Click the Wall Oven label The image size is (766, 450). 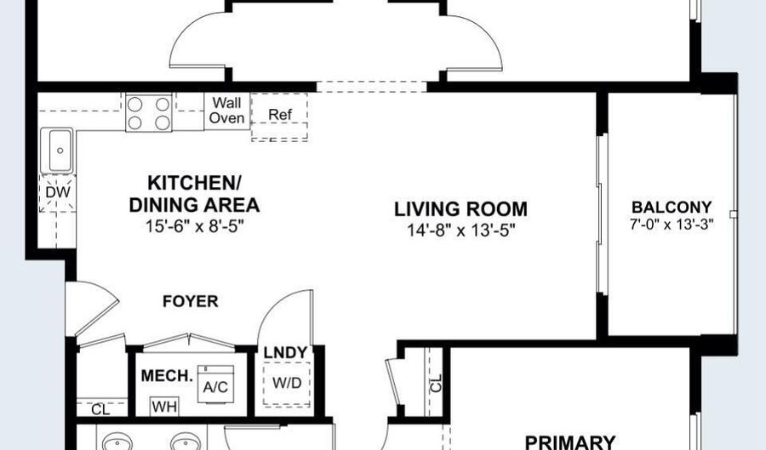(x=226, y=111)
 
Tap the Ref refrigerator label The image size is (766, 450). (x=280, y=115)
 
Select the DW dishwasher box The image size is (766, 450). (x=58, y=192)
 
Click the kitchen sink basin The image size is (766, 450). (x=57, y=151)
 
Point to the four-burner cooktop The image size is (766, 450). (x=149, y=113)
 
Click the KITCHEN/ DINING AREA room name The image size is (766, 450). (x=194, y=194)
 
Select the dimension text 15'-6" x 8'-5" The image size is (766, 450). (x=194, y=226)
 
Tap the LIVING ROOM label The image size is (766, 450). (x=460, y=209)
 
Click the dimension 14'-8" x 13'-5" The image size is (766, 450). (x=461, y=230)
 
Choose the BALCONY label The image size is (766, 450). (x=672, y=207)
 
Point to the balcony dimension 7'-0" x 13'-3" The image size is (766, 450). (x=672, y=224)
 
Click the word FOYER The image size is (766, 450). (x=191, y=301)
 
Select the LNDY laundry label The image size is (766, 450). (x=285, y=352)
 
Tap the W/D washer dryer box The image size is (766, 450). (x=287, y=384)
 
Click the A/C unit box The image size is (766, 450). (x=215, y=384)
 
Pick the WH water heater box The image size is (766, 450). (x=164, y=407)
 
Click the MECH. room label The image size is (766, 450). (x=167, y=376)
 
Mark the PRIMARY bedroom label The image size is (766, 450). (x=569, y=442)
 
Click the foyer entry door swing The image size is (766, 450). (x=93, y=309)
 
